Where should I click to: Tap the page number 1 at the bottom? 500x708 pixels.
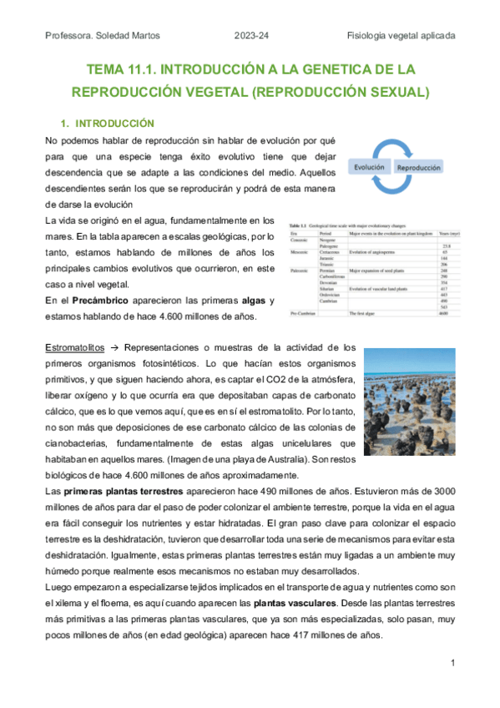pyautogui.click(x=452, y=663)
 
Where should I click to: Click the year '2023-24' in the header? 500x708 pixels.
pyautogui.click(x=250, y=35)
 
